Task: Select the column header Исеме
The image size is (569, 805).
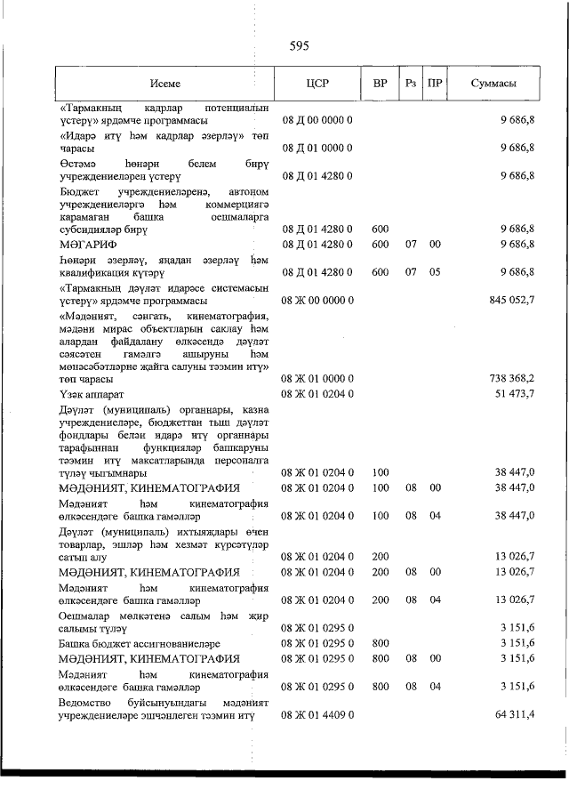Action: click(164, 84)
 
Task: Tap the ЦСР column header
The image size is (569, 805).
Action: click(317, 84)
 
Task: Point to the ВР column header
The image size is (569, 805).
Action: click(380, 84)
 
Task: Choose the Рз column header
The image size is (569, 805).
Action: click(410, 84)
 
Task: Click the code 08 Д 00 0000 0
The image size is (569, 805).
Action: click(317, 118)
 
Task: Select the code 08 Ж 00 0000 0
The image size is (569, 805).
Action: click(317, 301)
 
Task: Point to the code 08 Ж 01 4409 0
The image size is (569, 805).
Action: click(317, 714)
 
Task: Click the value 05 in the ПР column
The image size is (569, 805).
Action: click(435, 272)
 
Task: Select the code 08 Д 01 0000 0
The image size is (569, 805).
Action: click(317, 148)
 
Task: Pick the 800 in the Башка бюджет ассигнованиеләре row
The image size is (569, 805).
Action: click(381, 642)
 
